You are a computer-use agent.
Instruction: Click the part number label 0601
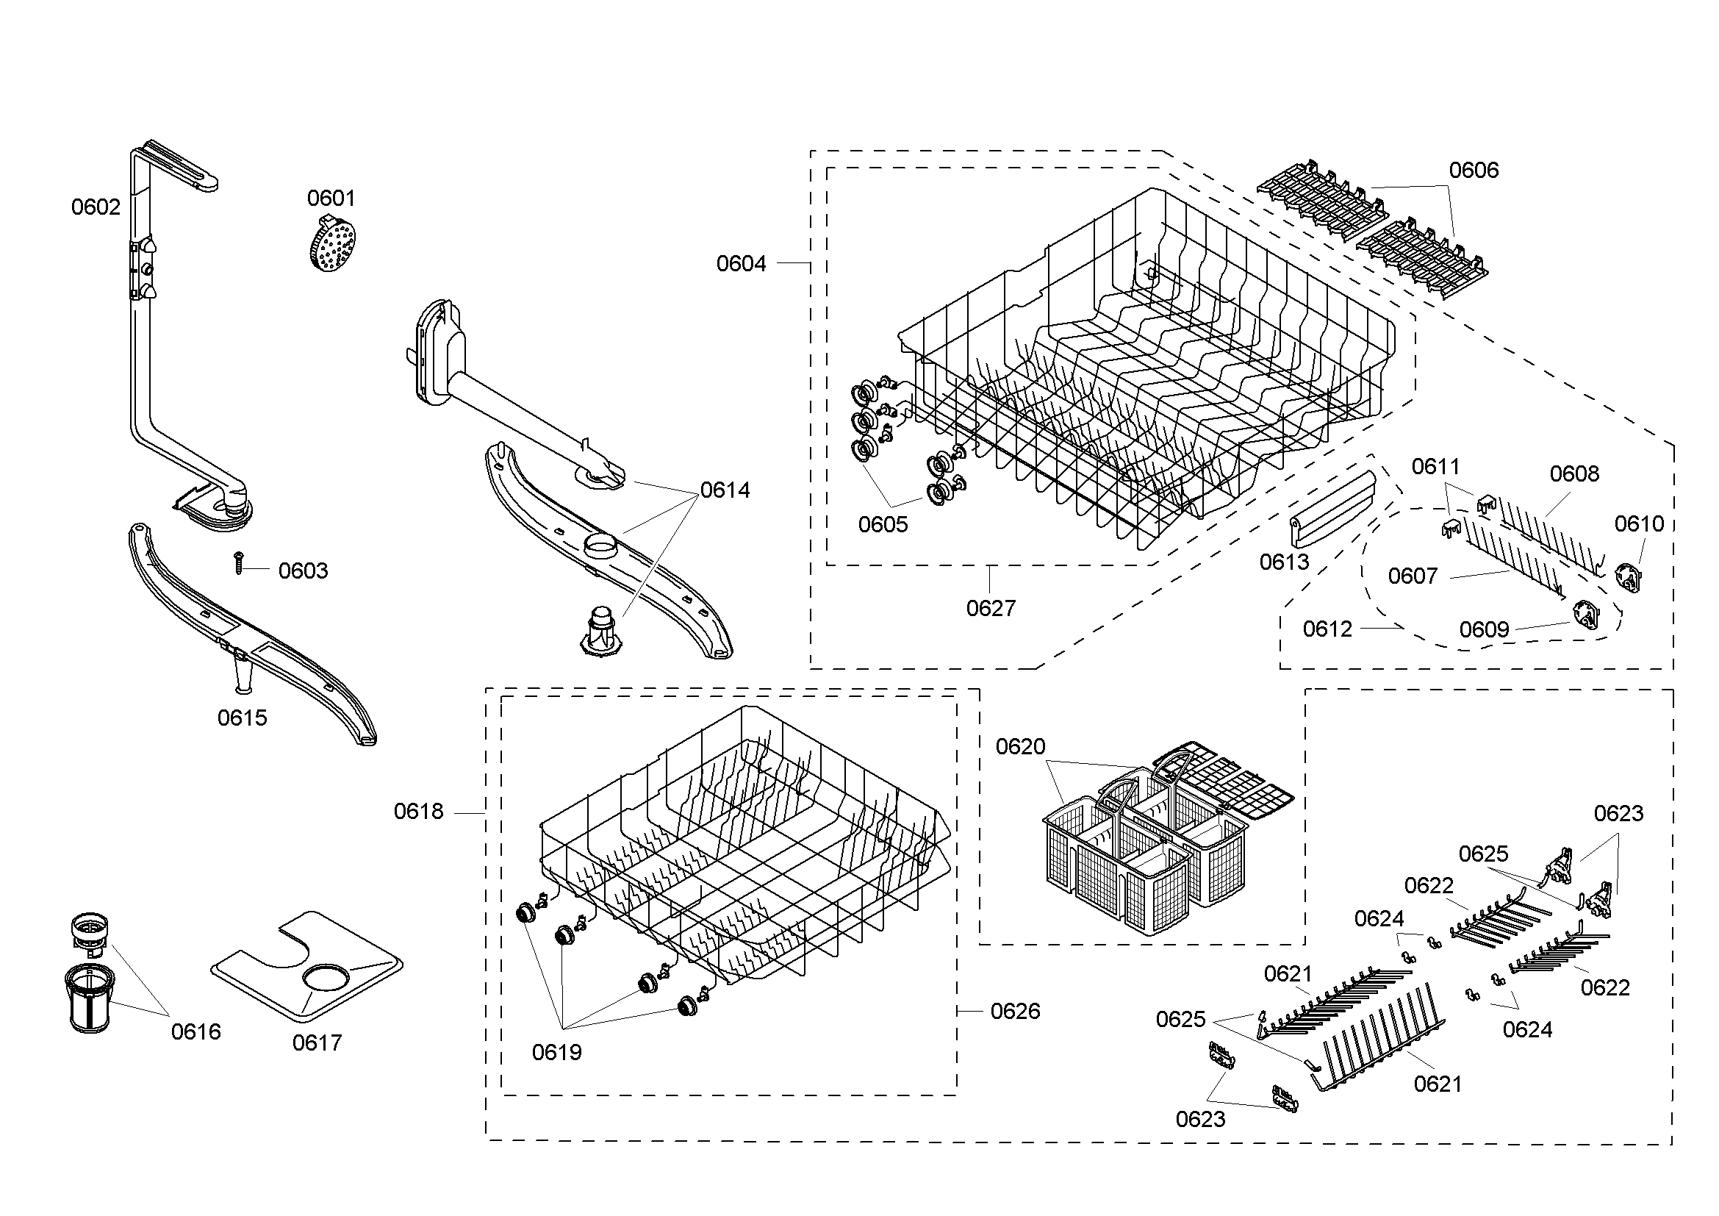(331, 199)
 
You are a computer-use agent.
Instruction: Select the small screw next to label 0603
(239, 563)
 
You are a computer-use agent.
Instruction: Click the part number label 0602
(96, 207)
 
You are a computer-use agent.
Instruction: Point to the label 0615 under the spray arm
(242, 718)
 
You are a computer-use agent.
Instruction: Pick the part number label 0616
(196, 1031)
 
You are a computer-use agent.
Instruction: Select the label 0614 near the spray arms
(725, 490)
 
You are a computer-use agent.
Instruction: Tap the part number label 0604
(742, 264)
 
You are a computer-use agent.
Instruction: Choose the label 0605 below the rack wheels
(883, 525)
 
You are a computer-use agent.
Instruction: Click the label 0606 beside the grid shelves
(1474, 171)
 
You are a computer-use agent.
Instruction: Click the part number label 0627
(991, 609)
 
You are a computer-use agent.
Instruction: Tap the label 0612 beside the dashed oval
(1327, 629)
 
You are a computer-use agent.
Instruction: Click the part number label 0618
(418, 812)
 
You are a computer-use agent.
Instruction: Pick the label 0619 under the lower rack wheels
(556, 1053)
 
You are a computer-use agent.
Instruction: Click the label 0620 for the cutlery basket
(1021, 746)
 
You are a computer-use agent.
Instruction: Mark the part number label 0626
(1015, 1012)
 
